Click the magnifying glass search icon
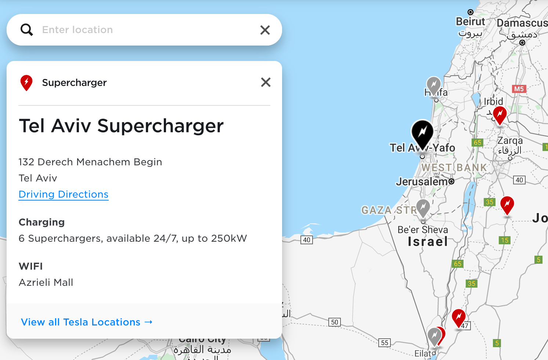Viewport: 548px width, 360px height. click(27, 30)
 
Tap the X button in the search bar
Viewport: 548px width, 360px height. click(265, 30)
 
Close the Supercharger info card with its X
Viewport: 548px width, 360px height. click(266, 82)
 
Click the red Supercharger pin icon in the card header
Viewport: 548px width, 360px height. click(26, 83)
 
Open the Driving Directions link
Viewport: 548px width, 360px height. click(64, 194)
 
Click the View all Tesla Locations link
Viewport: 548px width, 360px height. click(87, 322)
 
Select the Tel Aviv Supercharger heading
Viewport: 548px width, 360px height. click(121, 126)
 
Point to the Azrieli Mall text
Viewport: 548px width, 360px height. click(46, 282)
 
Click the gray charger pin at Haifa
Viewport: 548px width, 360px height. click(434, 85)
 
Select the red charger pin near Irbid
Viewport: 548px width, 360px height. click(500, 115)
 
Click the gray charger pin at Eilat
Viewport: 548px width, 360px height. click(434, 336)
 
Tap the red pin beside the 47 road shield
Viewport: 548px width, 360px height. click(459, 317)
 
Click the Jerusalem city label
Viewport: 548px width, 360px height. click(422, 181)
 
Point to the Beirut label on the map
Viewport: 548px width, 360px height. click(470, 22)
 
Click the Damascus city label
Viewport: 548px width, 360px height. click(522, 23)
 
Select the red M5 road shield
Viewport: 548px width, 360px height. click(519, 89)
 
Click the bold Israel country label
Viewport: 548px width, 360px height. click(428, 242)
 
